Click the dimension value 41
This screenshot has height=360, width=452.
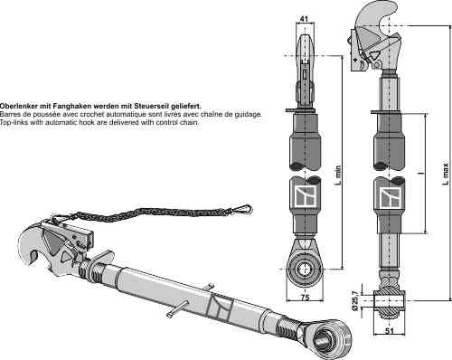305,19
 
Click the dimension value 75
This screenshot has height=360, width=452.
306,298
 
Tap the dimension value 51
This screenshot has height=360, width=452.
390,330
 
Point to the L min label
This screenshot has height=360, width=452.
338,175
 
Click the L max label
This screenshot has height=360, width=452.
446,174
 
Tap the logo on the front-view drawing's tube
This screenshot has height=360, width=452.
306,196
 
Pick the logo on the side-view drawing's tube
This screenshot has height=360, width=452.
391,198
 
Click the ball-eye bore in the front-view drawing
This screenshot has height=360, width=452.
305,269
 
